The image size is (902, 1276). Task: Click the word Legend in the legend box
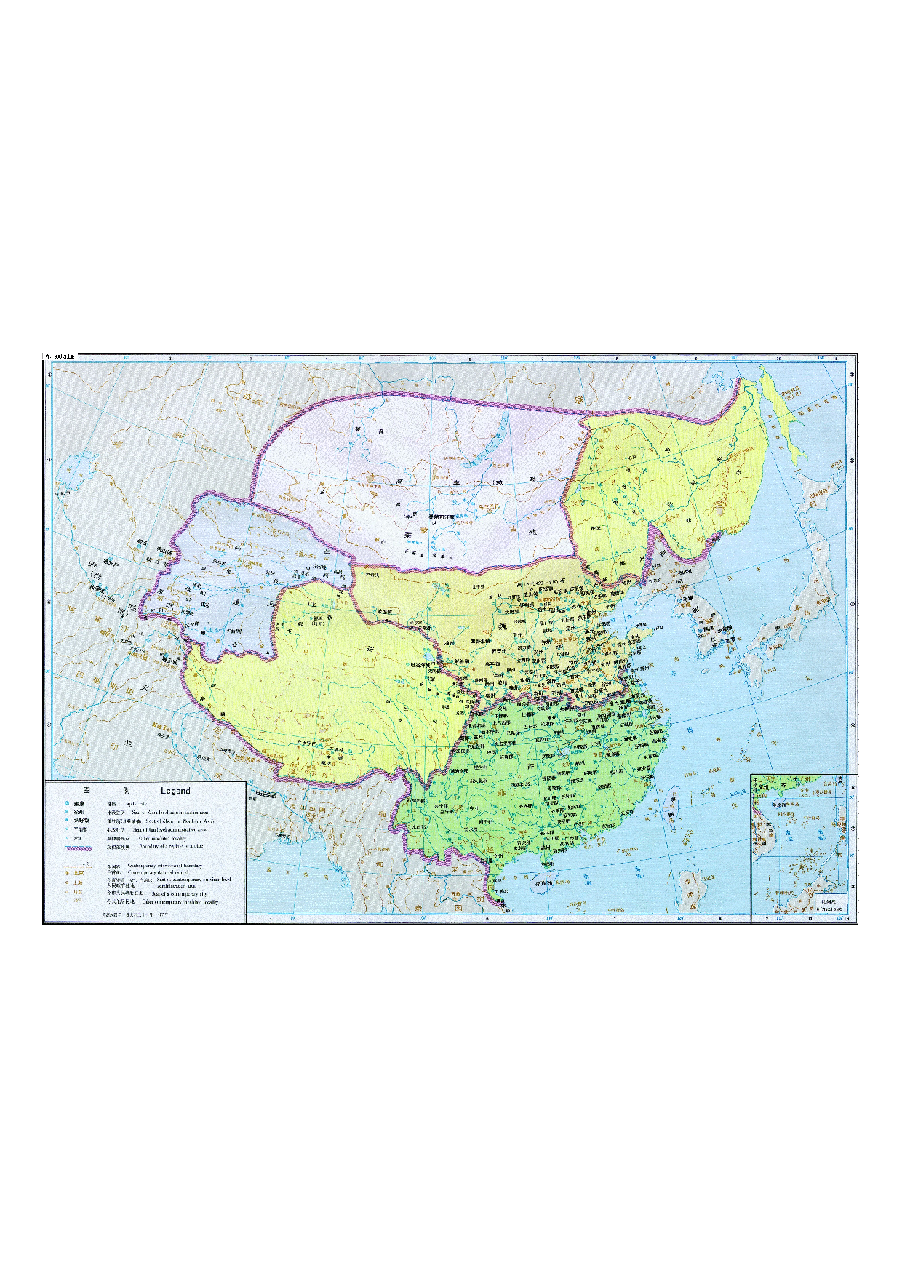click(175, 791)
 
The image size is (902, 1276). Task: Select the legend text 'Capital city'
click(135, 804)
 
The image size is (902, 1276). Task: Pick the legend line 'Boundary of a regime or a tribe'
click(172, 846)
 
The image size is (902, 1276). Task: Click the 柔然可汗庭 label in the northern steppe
click(439, 517)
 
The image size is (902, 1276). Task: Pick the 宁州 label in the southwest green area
click(474, 808)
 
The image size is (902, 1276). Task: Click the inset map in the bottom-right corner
click(804, 848)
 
